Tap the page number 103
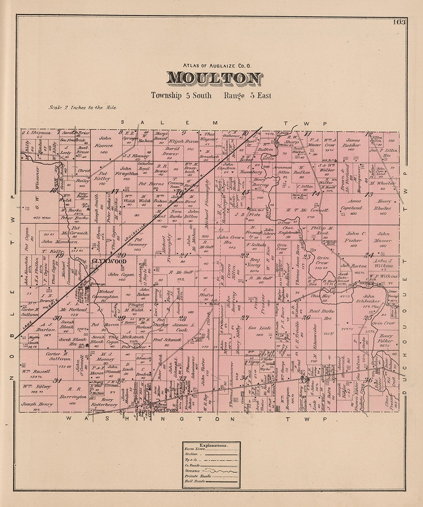[399, 22]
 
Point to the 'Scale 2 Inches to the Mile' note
[82, 107]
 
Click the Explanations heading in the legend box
[213, 445]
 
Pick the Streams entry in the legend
[192, 471]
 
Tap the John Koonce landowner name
[105, 142]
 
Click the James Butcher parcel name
[353, 143]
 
